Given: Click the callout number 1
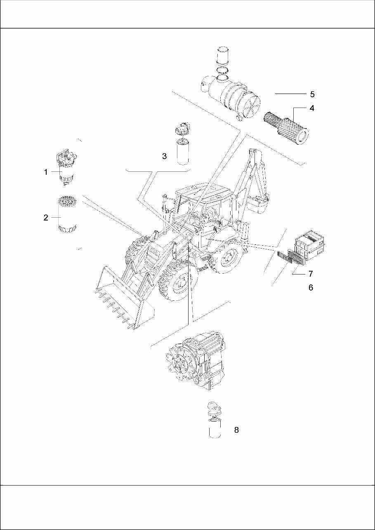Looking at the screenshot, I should point(46,172).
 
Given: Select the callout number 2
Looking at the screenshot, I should point(46,218).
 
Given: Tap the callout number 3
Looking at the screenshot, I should point(164,156).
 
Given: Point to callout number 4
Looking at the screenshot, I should point(312,108).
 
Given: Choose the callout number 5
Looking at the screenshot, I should point(312,94).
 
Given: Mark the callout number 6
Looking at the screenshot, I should point(311,288).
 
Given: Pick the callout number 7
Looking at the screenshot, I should point(311,274).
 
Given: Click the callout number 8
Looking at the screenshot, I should point(236,430).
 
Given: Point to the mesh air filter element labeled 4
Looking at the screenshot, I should point(286,126).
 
